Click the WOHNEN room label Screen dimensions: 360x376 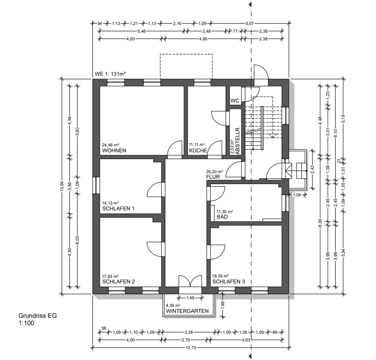[x=114, y=151]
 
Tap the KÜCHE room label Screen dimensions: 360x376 [x=198, y=151]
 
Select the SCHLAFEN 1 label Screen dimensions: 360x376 [x=119, y=209]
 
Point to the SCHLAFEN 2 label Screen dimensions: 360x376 [x=119, y=282]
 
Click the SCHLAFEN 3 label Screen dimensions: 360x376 [x=228, y=282]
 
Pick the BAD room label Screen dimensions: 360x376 [x=222, y=217]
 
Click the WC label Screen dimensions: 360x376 [x=235, y=101]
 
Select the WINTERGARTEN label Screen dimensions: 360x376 [x=187, y=311]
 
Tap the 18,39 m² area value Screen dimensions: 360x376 [x=221, y=276]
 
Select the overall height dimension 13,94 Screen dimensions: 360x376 [x=62, y=186]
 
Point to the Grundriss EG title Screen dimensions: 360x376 [x=38, y=316]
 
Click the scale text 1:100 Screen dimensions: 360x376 [x=26, y=323]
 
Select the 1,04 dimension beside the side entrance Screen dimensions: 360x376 [x=297, y=195]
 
